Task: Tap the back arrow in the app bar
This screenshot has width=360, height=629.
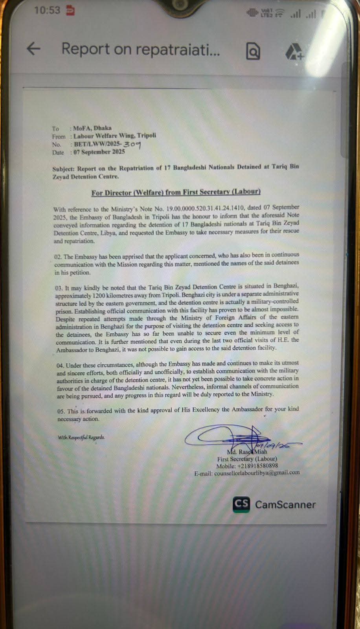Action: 34,49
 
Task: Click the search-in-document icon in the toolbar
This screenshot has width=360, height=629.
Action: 253,51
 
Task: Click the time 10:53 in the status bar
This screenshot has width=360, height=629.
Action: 47,10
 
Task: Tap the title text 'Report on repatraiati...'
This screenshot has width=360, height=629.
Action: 141,49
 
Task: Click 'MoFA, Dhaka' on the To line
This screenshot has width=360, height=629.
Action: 92,128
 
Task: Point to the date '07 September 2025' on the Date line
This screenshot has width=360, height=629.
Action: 99,152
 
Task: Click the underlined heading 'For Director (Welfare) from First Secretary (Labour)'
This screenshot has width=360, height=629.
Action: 176,192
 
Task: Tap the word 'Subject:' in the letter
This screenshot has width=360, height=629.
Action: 64,169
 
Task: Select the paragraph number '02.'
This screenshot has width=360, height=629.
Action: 58,257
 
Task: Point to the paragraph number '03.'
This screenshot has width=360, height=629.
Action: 59,288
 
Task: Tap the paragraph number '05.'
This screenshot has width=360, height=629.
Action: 61,411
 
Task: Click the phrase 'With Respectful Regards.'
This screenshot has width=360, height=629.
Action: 81,437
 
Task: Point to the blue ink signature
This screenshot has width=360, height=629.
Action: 232,436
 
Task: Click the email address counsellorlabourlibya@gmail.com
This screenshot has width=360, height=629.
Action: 257,473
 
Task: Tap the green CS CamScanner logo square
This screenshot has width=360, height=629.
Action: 241,504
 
